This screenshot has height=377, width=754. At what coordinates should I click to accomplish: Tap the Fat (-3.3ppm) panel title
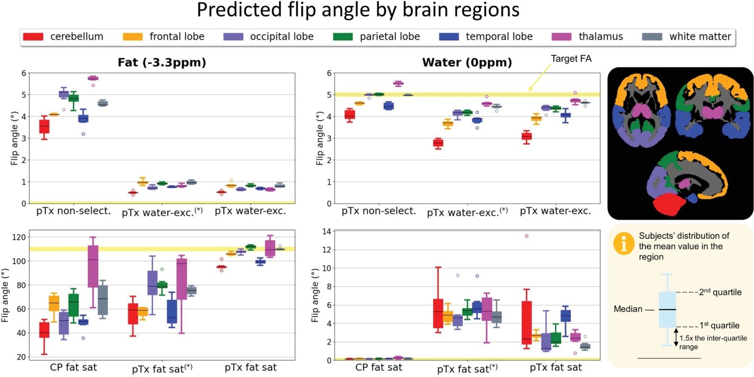tap(162, 63)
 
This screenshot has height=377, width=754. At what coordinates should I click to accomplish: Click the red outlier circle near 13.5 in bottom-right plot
tap(526, 236)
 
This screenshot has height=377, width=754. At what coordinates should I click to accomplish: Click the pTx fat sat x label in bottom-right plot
tap(551, 367)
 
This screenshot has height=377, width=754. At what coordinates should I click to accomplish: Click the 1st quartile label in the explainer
tap(716, 326)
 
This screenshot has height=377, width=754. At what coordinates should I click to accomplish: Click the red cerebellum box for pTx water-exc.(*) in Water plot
tap(437, 143)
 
